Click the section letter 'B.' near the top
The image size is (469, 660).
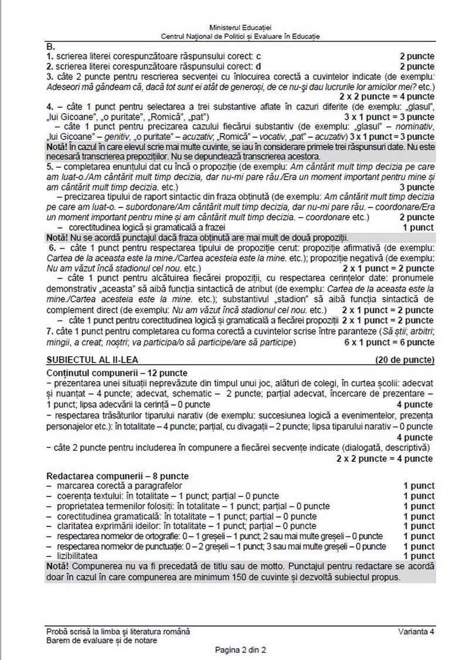50,46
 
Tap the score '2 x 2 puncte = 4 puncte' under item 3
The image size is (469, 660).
387,96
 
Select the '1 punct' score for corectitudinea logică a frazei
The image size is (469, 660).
418,227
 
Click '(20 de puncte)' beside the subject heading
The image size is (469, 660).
405,359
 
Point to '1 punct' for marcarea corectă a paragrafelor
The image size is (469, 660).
419,486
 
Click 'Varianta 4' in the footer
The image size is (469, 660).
416,631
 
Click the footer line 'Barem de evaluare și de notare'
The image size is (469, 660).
101,641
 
